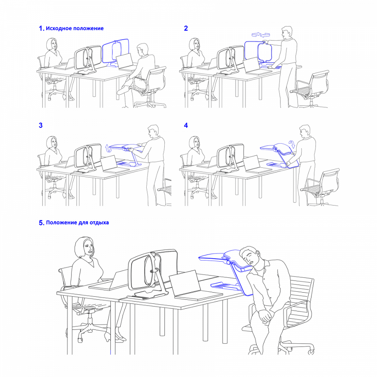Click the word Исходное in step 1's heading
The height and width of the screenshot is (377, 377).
pos(59,28)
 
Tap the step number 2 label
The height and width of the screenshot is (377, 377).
pos(186,28)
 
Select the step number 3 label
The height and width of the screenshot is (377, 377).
pos(41,125)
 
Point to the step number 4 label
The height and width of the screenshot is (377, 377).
pos(186,125)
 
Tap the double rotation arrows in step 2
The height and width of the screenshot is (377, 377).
pos(261,35)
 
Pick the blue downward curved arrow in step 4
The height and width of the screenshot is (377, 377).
pos(292,144)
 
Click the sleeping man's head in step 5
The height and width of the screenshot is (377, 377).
pos(250,257)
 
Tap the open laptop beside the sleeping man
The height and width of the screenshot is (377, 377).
pos(193,287)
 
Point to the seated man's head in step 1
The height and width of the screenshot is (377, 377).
pos(142,50)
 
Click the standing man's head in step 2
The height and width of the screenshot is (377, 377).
pos(287,32)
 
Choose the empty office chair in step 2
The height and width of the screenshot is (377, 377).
pos(310,89)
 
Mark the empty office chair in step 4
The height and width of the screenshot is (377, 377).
pos(320,187)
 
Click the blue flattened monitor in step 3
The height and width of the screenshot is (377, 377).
pos(125,147)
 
